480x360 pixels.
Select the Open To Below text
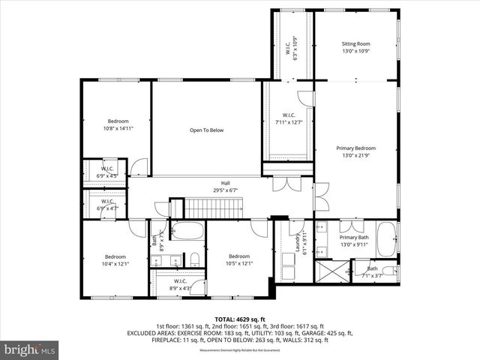pos(206,130)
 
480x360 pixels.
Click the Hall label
pos(225,187)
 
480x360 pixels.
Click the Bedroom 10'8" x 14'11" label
pos(118,125)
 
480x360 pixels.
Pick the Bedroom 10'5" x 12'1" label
pos(239,259)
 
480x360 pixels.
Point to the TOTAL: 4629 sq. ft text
pos(239,319)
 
